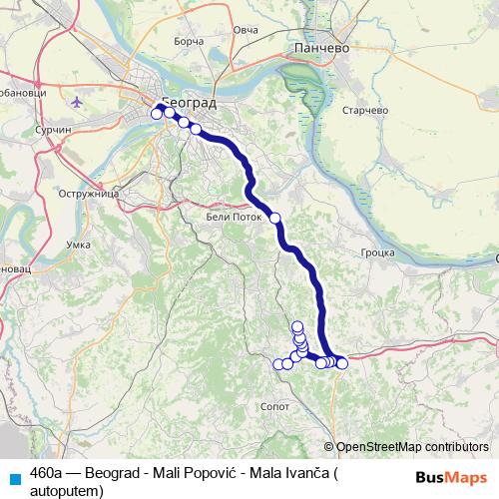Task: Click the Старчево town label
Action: (x=364, y=111)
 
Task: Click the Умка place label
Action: (x=77, y=244)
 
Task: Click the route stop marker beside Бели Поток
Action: (x=275, y=217)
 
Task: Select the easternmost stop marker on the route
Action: (x=342, y=362)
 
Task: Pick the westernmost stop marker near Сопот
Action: (x=279, y=363)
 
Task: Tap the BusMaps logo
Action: (x=451, y=476)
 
